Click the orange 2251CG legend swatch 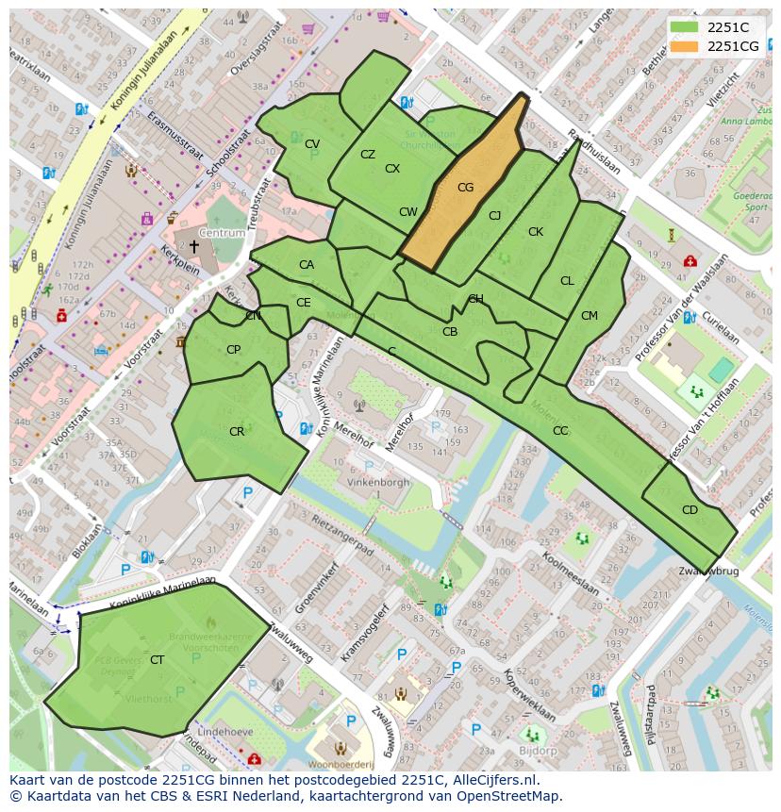[x=686, y=46]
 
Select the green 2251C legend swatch [x=686, y=27]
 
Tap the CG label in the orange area [x=465, y=188]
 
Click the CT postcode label [x=157, y=660]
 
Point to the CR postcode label [x=237, y=432]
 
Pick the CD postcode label [x=690, y=510]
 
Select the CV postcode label [x=312, y=144]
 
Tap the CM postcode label [x=590, y=316]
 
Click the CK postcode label [x=536, y=232]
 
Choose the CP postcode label [x=234, y=350]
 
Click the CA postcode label [x=307, y=265]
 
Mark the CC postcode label [x=560, y=431]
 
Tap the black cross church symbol [x=194, y=246]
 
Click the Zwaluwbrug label [x=707, y=572]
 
